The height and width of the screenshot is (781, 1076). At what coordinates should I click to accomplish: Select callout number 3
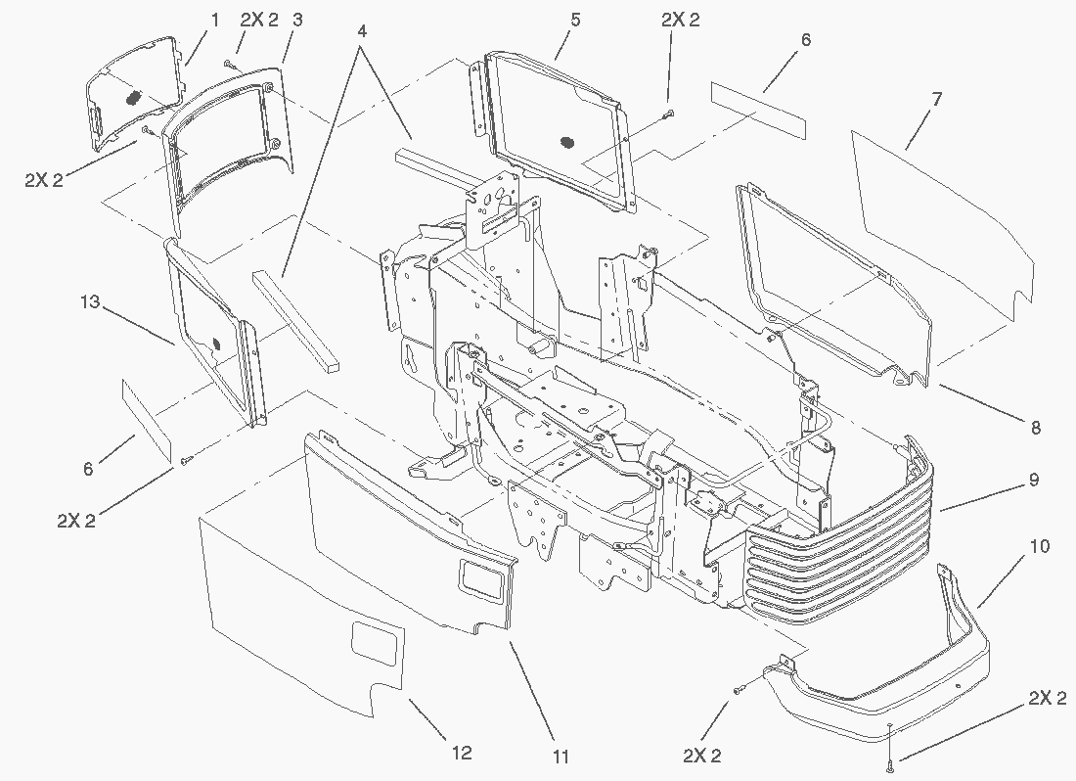pyautogui.click(x=297, y=20)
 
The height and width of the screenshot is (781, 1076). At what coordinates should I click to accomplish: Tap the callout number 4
pyautogui.click(x=362, y=30)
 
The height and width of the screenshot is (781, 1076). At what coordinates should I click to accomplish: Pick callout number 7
pyautogui.click(x=936, y=99)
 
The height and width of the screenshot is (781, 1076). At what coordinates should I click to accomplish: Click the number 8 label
pyautogui.click(x=1036, y=427)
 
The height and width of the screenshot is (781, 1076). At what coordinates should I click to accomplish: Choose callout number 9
pyautogui.click(x=1033, y=481)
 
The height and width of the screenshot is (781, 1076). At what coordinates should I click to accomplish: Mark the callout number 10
pyautogui.click(x=1040, y=546)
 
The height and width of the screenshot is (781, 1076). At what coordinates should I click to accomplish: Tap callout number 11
pyautogui.click(x=560, y=756)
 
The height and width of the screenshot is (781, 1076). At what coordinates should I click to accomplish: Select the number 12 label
pyautogui.click(x=463, y=753)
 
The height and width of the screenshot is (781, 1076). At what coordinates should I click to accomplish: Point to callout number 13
pyautogui.click(x=89, y=303)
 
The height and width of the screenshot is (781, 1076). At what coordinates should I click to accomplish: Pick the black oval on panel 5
pyautogui.click(x=564, y=143)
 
